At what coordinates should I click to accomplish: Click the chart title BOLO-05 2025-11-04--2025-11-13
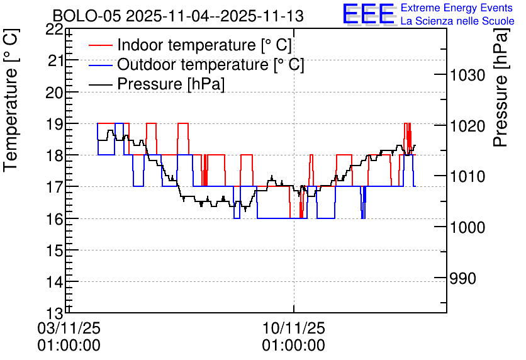[x=178, y=16]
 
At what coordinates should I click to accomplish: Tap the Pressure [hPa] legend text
[x=171, y=84]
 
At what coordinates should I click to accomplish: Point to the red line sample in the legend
[x=100, y=45]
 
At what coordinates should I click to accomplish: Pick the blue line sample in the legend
[x=100, y=65]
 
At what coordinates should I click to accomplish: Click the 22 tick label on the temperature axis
[x=54, y=30]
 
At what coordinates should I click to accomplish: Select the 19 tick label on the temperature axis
[x=54, y=124]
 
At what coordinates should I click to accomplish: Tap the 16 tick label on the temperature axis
[x=54, y=219]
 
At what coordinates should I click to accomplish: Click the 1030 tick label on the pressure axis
[x=467, y=75]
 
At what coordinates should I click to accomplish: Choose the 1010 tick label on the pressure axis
[x=467, y=176]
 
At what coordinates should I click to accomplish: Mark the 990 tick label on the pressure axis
[x=462, y=278]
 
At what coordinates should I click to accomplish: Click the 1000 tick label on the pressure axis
[x=467, y=227]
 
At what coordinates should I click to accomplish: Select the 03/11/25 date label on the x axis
[x=69, y=328]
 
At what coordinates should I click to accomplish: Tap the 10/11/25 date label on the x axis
[x=294, y=328]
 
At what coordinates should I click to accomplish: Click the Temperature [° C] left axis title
[x=11, y=100]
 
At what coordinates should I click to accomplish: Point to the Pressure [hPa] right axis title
[x=501, y=87]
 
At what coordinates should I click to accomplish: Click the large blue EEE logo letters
[x=368, y=13]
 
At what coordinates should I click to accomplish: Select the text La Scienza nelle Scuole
[x=457, y=21]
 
